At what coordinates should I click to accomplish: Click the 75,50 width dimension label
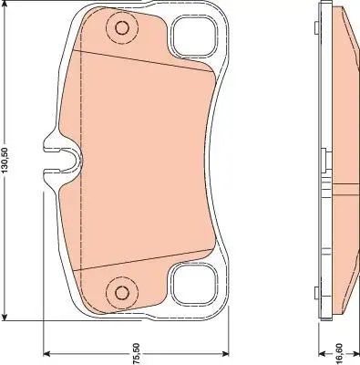click(137, 353)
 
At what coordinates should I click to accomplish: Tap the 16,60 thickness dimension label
click(339, 354)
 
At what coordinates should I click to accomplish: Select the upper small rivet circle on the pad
click(122, 28)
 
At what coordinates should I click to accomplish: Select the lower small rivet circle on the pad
click(122, 293)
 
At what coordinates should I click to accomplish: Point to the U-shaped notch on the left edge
click(63, 160)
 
